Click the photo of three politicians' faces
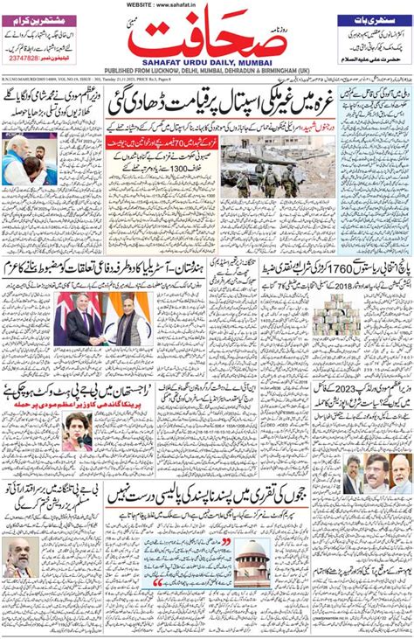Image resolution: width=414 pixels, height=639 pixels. coord(377,474)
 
